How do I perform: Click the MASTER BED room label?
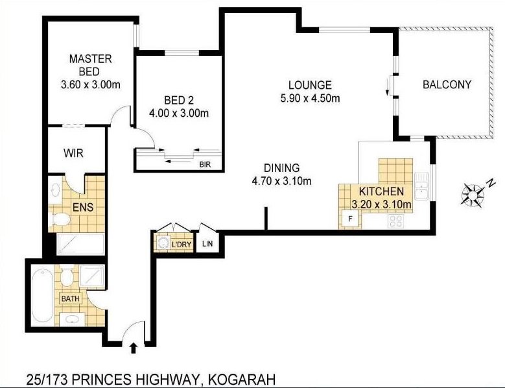(x=91, y=64)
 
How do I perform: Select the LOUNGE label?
(x=310, y=85)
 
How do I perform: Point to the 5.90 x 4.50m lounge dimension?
(x=310, y=99)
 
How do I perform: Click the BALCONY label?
(x=447, y=84)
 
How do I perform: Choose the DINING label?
(x=281, y=168)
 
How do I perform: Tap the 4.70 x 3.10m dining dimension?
(x=281, y=181)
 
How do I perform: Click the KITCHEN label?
(x=382, y=192)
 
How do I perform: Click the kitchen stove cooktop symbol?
(x=395, y=221)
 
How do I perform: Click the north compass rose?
(x=473, y=194)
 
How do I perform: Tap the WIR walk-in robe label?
(x=73, y=153)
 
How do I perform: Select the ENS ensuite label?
(x=81, y=208)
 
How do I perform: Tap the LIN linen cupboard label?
(x=207, y=244)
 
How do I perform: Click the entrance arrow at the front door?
(x=134, y=348)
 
